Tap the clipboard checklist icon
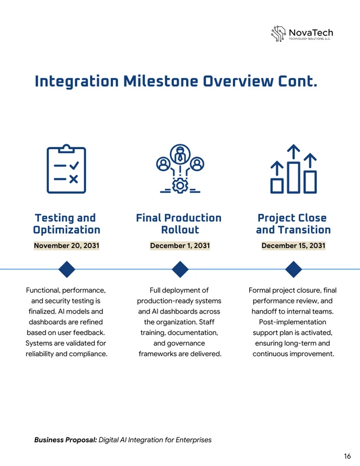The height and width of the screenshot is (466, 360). point(66,169)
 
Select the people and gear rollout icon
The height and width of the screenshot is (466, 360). point(179,169)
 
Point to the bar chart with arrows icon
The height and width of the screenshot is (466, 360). point(293,169)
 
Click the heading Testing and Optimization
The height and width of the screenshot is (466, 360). point(66,224)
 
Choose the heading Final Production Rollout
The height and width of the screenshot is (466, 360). point(179,224)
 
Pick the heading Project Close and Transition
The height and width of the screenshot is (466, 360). point(293,224)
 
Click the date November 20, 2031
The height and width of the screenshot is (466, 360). point(66,246)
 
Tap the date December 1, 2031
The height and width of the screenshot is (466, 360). point(179,246)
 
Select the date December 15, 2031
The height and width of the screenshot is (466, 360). point(293,246)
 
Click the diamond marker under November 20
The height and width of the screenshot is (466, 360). point(67,270)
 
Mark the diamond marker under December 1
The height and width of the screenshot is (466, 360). point(179,270)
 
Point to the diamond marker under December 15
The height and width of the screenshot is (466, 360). point(294,270)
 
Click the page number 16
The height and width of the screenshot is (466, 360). point(347,456)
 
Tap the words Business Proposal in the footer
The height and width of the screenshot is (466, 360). point(65,440)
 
